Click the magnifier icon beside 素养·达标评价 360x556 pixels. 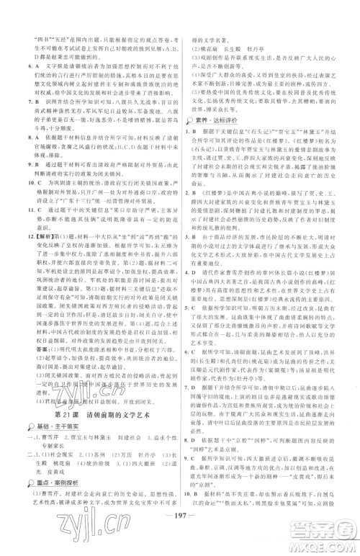click(189, 143)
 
